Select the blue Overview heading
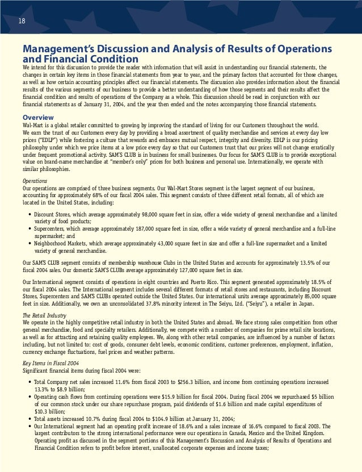click(39, 118)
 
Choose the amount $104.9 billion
click(154, 418)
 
